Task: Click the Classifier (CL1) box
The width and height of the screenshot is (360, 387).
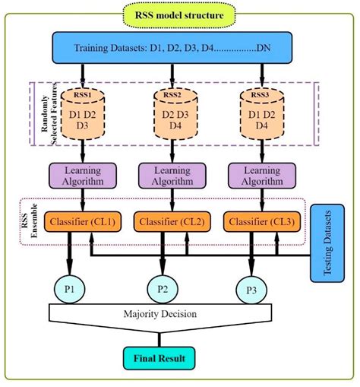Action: pos(82,221)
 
